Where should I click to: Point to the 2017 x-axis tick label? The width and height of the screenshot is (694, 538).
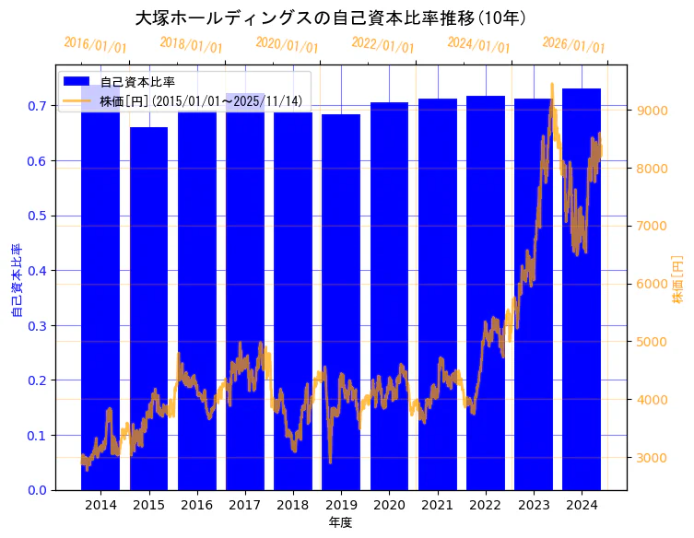pos(245,505)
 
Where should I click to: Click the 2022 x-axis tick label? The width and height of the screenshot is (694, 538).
pos(485,505)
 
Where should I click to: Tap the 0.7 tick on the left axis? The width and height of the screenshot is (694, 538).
pos(38,107)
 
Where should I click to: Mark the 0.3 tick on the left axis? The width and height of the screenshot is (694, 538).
pos(38,326)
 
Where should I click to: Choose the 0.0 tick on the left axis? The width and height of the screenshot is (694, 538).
pos(38,490)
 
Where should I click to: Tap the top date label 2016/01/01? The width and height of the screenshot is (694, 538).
pos(96,45)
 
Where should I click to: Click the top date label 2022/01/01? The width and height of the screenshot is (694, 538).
pos(383,45)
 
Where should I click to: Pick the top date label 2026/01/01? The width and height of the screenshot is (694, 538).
pos(574,45)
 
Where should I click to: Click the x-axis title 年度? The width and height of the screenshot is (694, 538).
pos(340,522)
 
